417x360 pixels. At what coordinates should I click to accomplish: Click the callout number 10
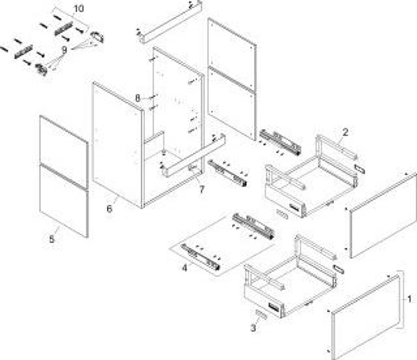pyautogui.click(x=79, y=9)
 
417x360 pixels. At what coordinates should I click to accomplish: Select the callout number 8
pyautogui.click(x=138, y=98)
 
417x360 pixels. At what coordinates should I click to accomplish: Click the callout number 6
pyautogui.click(x=109, y=209)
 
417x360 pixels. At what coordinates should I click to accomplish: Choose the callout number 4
pyautogui.click(x=184, y=269)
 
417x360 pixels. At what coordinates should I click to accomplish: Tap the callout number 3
pyautogui.click(x=253, y=327)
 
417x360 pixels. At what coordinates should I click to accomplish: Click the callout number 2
pyautogui.click(x=345, y=132)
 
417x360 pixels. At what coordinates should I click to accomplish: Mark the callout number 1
pyautogui.click(x=409, y=299)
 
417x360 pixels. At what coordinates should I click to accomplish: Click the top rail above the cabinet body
pyautogui.click(x=169, y=22)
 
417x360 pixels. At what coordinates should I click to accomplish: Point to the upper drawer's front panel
pyautogui.click(x=383, y=215)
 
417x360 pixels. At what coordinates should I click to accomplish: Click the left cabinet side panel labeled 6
pyautogui.click(x=117, y=145)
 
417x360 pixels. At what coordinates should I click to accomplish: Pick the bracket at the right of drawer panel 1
pyautogui.click(x=402, y=300)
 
